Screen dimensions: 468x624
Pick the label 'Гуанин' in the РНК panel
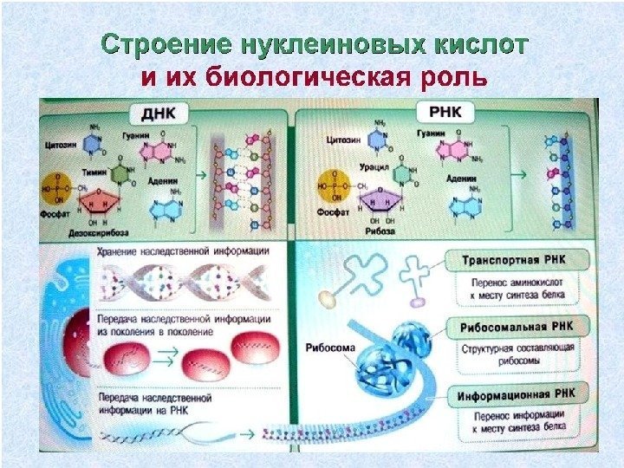coord(431,133)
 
